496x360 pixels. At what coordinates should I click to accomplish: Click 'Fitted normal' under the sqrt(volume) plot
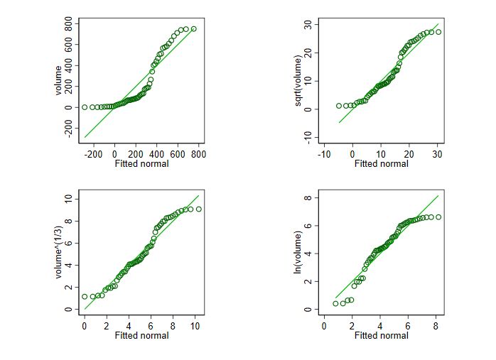pyautogui.click(x=381, y=164)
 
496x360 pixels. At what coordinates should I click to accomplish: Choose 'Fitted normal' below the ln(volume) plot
pyautogui.click(x=381, y=336)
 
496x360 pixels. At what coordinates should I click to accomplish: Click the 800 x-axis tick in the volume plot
pyautogui.click(x=198, y=153)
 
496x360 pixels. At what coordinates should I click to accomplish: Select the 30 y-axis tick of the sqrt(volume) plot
pyautogui.click(x=308, y=25)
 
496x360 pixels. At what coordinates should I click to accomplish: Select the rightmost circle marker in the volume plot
pyautogui.click(x=193, y=29)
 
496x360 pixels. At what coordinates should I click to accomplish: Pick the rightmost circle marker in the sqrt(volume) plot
pyautogui.click(x=438, y=32)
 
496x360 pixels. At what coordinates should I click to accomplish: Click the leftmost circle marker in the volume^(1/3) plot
pyautogui.click(x=85, y=297)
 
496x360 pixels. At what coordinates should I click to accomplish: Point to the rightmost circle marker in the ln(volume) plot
pyautogui.click(x=438, y=217)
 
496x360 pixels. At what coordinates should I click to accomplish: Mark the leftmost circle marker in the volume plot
pyautogui.click(x=85, y=107)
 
